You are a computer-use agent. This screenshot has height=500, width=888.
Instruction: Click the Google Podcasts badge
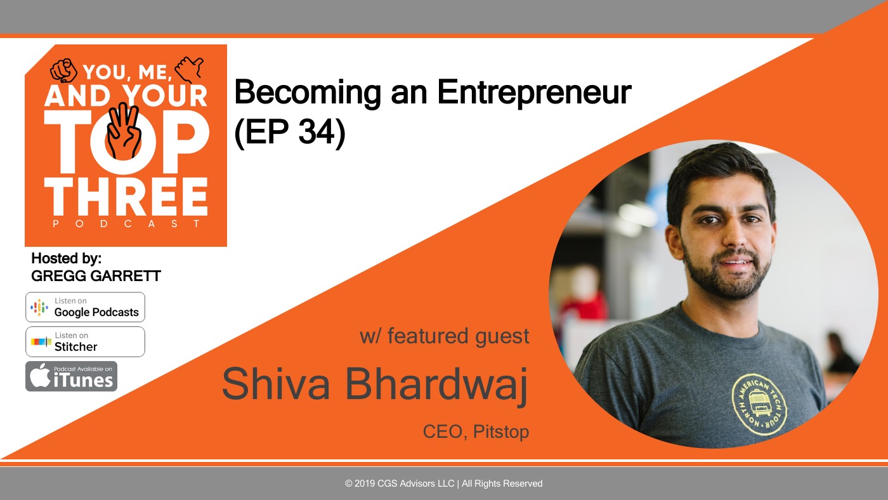pos(85,307)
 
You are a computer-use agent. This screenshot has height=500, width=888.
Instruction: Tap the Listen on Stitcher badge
pos(85,341)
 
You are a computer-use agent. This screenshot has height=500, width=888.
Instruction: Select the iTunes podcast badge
pos(71,376)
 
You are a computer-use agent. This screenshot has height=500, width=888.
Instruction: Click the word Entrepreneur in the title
pos(534,93)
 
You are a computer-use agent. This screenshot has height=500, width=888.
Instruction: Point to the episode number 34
pos(317,132)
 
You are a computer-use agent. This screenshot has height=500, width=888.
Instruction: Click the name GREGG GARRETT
pos(96,276)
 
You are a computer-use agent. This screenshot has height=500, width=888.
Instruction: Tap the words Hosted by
pos(66,258)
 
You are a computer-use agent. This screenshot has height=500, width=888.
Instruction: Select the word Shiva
pos(276,383)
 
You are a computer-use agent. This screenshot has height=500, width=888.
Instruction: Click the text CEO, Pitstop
pos(476,432)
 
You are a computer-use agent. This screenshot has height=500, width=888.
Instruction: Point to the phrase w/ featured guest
pos(445,337)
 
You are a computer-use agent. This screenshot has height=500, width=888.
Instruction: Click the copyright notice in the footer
pos(443,484)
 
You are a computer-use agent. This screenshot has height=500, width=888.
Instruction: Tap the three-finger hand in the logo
pos(124,131)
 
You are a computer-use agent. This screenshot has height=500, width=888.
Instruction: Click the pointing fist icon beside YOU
pos(63,70)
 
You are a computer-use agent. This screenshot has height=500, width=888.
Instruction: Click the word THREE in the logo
pos(126,197)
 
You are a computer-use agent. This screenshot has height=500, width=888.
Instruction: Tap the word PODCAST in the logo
pos(126,223)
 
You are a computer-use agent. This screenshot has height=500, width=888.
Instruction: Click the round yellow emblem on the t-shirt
pos(759,405)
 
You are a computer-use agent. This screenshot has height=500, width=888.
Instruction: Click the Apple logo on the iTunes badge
pos(40,376)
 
